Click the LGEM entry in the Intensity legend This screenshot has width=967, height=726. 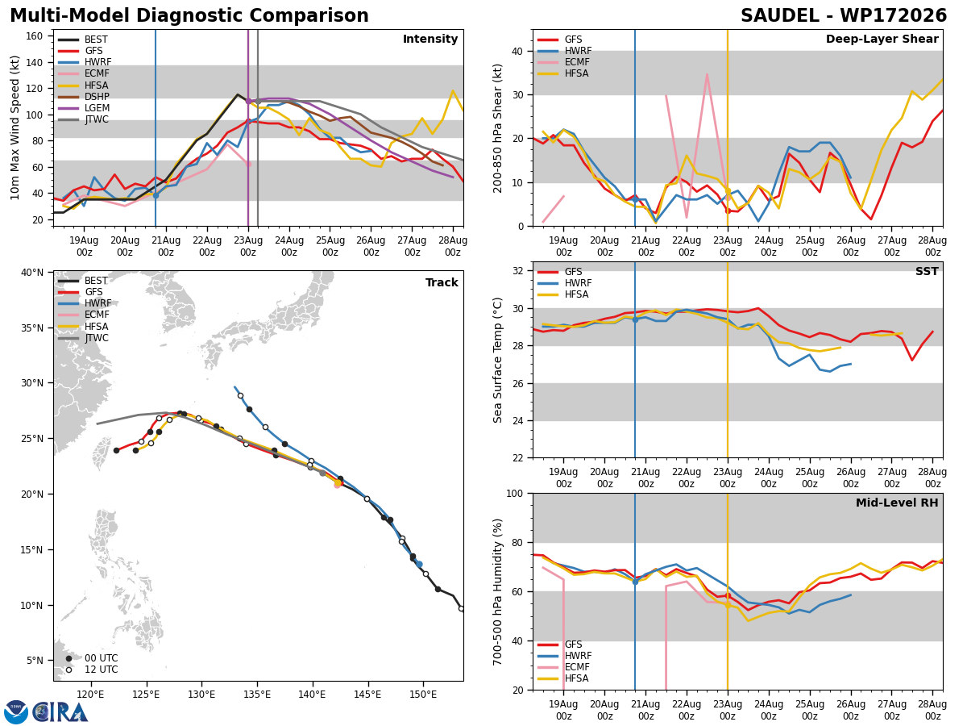97,108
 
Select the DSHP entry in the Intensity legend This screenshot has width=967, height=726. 97,97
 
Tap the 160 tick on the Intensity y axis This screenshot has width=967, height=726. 35,36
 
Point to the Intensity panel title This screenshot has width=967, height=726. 430,39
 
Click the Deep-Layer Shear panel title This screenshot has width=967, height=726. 882,39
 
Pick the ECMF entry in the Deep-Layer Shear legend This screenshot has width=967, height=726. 577,62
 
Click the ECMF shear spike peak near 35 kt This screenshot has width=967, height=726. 707,74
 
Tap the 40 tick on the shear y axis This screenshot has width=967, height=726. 517,52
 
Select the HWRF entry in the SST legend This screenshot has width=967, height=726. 578,283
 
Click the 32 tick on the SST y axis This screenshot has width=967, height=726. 517,271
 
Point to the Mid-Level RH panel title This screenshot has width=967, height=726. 897,503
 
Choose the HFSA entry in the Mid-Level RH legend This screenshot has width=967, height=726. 577,678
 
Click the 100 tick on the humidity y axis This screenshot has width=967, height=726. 514,494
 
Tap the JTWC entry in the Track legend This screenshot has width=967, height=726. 97,338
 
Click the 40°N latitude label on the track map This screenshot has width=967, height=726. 32,273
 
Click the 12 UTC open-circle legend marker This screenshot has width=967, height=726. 68,670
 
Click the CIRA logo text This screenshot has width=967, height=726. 60,712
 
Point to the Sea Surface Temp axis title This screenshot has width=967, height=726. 498,361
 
